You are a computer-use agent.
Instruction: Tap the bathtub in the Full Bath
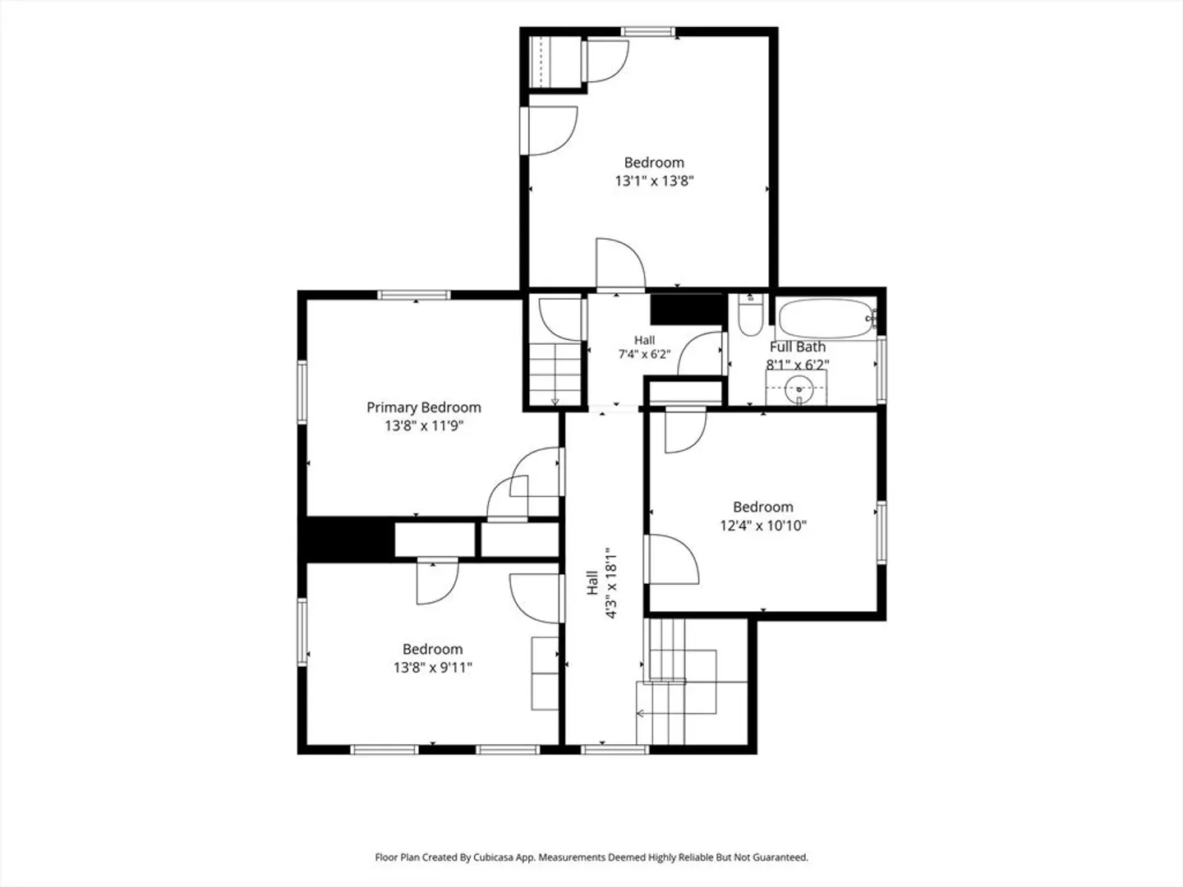click(x=826, y=319)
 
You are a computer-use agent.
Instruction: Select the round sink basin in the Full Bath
click(x=799, y=388)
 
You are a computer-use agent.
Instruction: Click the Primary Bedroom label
click(x=424, y=407)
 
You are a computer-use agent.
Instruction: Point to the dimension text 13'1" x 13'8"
click(x=654, y=181)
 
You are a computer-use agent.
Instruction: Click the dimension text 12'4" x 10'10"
click(x=763, y=525)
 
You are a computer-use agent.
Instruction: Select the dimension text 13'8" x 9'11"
click(x=432, y=667)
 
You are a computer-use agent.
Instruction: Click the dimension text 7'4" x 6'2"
click(x=644, y=354)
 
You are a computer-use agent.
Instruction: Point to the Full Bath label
click(x=798, y=347)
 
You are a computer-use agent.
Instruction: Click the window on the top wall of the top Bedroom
click(x=647, y=32)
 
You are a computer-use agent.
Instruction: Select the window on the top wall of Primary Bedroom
click(x=414, y=295)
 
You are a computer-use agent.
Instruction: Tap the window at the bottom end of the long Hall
click(x=615, y=750)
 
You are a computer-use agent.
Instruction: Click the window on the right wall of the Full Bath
click(x=881, y=370)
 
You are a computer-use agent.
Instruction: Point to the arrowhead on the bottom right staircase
click(x=640, y=714)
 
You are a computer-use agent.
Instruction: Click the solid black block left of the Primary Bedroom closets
click(x=346, y=540)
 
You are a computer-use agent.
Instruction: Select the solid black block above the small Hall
click(x=687, y=309)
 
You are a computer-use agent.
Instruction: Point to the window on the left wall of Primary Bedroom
click(x=302, y=392)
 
